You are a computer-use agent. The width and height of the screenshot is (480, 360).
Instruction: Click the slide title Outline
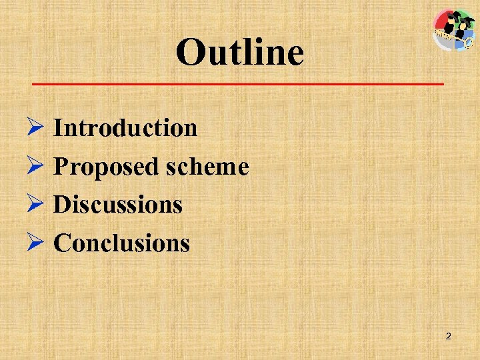240,52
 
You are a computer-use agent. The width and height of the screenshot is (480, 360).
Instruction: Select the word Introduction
125,127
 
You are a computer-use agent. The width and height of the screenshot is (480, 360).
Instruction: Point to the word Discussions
118,205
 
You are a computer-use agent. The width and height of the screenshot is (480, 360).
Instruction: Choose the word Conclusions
121,243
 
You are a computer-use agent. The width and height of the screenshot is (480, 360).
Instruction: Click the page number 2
448,337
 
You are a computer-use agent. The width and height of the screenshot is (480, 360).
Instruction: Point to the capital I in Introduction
58,127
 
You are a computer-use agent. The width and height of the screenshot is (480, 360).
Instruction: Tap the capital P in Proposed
60,166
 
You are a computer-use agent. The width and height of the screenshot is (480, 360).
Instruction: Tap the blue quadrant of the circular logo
465,41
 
